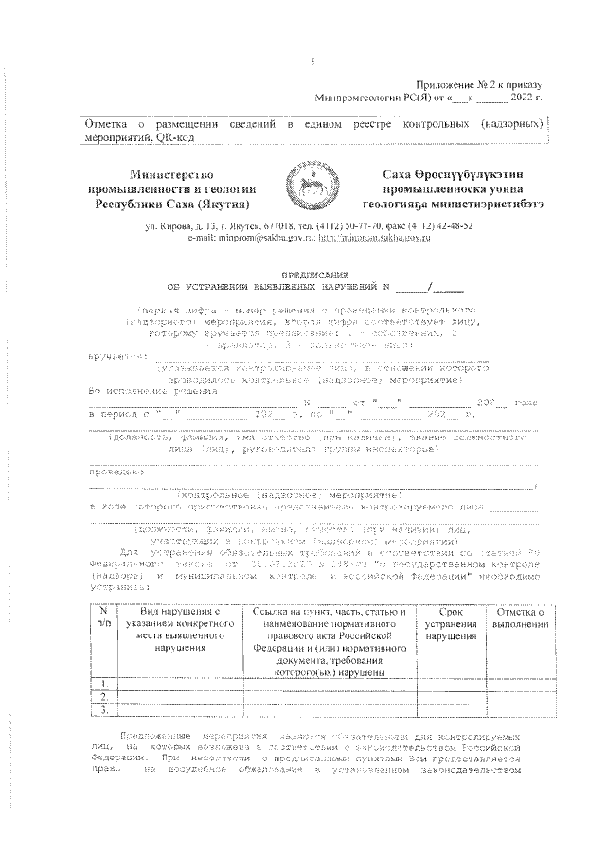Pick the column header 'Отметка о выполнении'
click(x=518, y=619)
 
